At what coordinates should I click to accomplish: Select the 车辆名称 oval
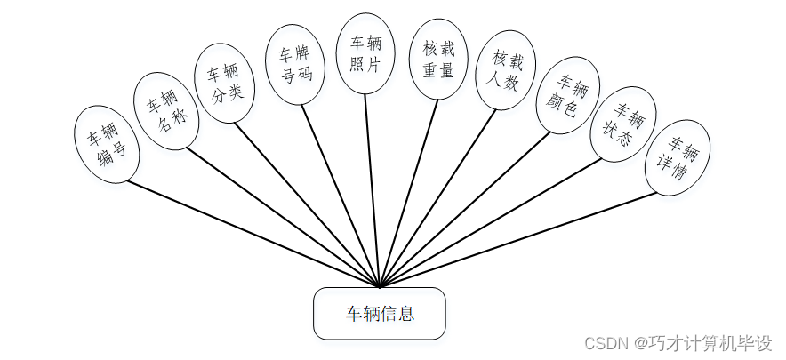(166, 108)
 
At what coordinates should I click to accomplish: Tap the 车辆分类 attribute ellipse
(225, 84)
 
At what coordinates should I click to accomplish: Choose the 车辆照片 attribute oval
(363, 52)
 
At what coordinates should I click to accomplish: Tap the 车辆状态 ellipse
(622, 124)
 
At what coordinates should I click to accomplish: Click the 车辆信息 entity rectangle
(379, 313)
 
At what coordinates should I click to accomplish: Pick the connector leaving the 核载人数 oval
(440, 192)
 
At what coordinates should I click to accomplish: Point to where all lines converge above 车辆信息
(380, 286)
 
